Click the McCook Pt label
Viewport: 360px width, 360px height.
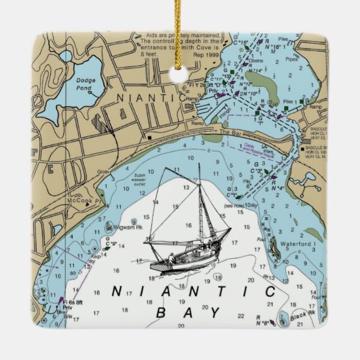point(88,202)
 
